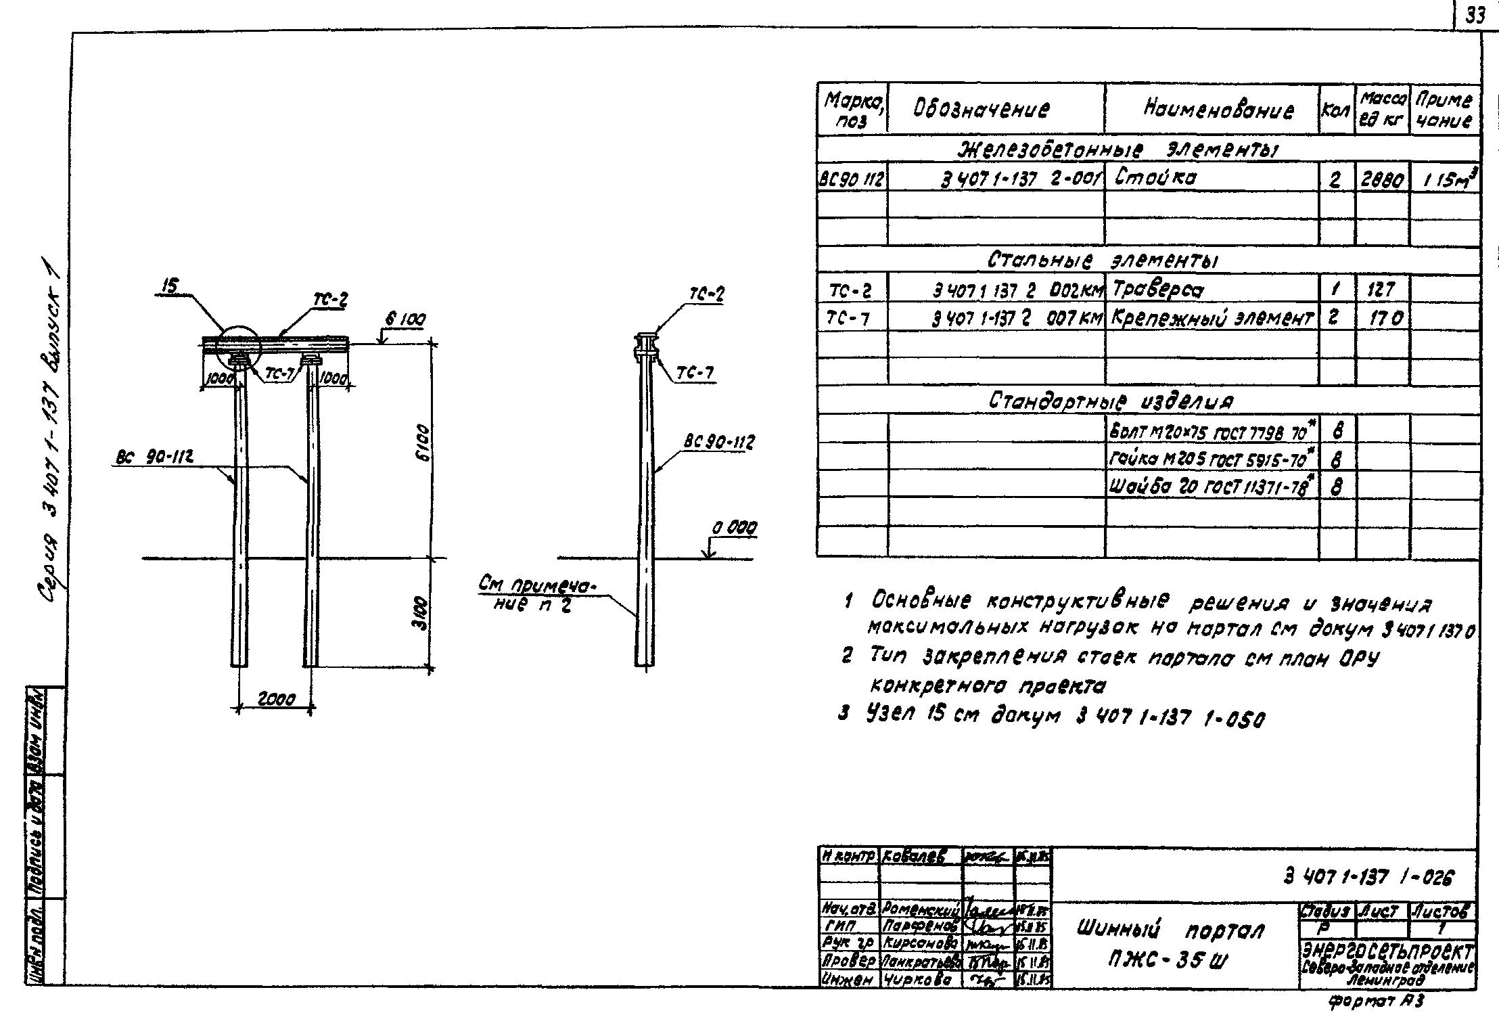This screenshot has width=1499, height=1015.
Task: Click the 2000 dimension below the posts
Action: [x=275, y=700]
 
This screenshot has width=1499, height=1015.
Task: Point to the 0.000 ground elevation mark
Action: [x=734, y=528]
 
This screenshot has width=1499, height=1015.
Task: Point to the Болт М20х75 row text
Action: [x=1212, y=430]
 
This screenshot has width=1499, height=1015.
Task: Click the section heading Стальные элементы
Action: [x=1105, y=260]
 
